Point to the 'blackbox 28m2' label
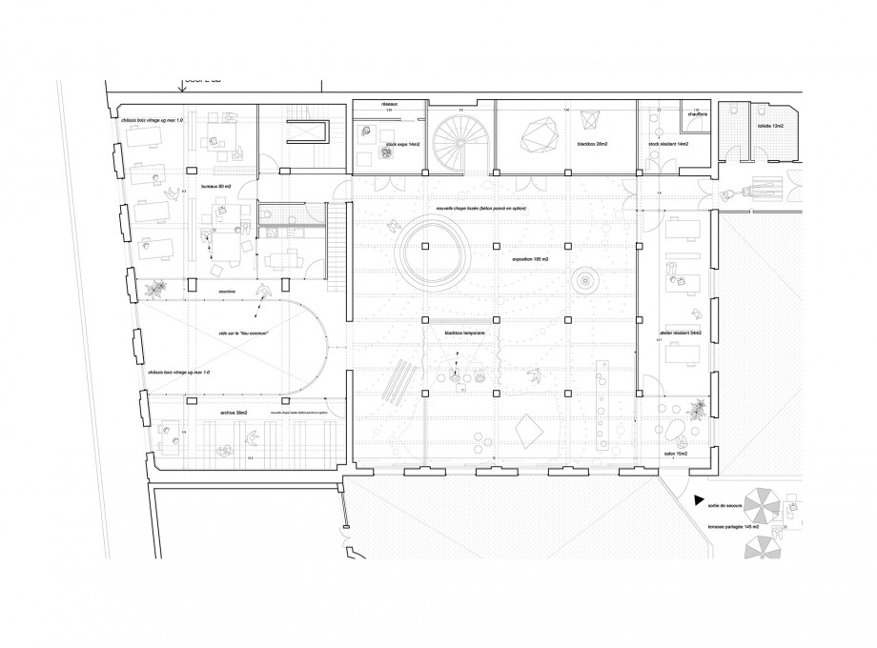tap(593, 144)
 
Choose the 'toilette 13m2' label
tap(769, 126)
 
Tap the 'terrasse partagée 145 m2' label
tap(734, 524)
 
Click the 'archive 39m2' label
tap(234, 413)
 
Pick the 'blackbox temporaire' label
tap(465, 333)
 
